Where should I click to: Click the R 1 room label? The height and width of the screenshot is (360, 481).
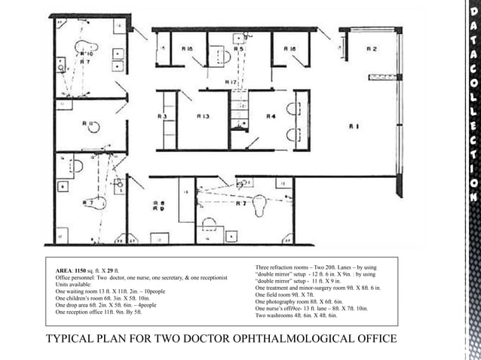point(354,127)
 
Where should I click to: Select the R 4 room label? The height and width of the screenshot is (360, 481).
point(271,117)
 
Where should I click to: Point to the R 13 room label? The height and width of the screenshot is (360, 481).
point(203,117)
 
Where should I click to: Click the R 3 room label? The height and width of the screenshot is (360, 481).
point(162,117)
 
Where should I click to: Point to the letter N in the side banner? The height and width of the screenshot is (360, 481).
point(473,197)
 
